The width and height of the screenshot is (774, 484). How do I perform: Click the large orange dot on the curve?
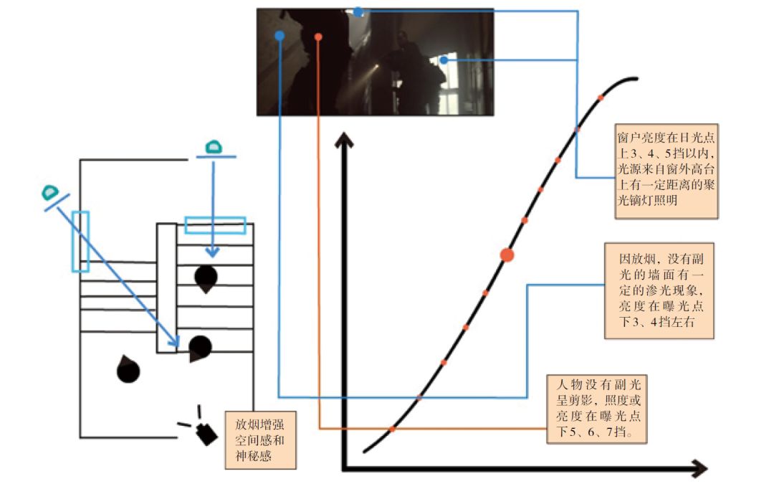(507, 255)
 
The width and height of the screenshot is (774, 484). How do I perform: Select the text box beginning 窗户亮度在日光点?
(667, 172)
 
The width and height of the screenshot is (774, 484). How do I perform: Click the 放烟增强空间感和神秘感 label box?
(259, 439)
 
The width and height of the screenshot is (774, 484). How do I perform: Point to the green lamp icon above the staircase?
(212, 148)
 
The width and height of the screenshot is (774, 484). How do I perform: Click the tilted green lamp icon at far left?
(50, 192)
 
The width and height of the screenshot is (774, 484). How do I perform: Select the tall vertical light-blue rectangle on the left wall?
(80, 242)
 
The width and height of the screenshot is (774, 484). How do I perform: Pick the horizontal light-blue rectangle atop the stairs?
(215, 225)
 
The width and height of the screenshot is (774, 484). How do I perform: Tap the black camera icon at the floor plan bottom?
(205, 432)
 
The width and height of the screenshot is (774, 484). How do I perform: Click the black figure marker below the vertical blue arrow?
(206, 278)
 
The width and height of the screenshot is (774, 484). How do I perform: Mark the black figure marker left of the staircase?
(128, 369)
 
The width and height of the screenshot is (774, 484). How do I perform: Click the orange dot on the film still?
(318, 37)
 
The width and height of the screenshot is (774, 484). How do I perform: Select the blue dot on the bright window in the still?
(444, 60)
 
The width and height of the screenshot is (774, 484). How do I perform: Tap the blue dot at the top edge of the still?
(358, 12)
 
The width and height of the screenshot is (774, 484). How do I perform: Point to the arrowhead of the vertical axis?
(345, 138)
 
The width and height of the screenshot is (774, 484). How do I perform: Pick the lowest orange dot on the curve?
(392, 429)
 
